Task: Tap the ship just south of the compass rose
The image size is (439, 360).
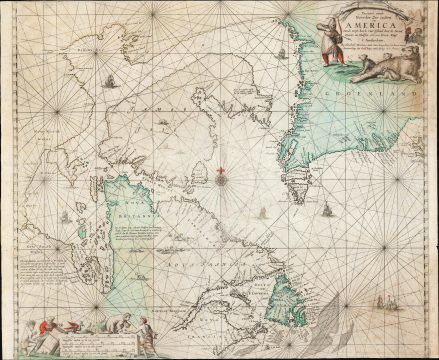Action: click(262, 212)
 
